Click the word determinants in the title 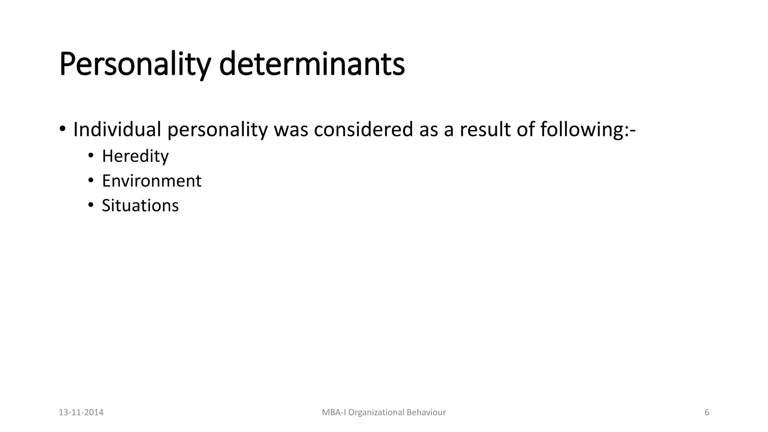click(312, 64)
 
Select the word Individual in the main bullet click(117, 129)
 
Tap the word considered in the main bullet click(363, 129)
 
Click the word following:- click(588, 129)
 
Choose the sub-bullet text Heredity click(135, 156)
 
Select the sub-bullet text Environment click(151, 181)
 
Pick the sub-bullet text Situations click(140, 205)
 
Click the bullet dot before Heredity click(90, 156)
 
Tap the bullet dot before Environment click(90, 180)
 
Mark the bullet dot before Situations click(90, 205)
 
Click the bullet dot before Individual click(62, 129)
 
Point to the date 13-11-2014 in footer click(81, 412)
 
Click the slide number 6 click(707, 412)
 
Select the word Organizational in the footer click(371, 412)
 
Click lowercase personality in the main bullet click(217, 129)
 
